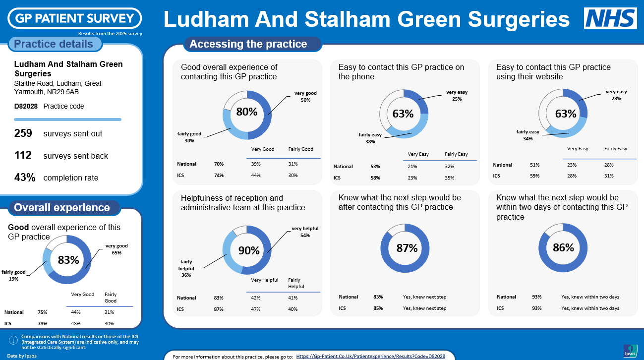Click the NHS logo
pyautogui.click(x=610, y=18)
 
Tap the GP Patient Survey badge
pyautogui.click(x=74, y=18)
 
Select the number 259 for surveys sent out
pyautogui.click(x=23, y=133)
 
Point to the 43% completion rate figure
pyautogui.click(x=25, y=178)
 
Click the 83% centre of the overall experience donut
pyautogui.click(x=68, y=260)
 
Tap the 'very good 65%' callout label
pyautogui.click(x=117, y=249)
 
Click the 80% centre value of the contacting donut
pyautogui.click(x=246, y=112)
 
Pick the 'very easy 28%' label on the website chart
pyautogui.click(x=616, y=95)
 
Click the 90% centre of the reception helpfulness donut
pyautogui.click(x=249, y=250)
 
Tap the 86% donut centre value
pyautogui.click(x=563, y=247)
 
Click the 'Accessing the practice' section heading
pyautogui.click(x=248, y=44)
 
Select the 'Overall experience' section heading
pyautogui.click(x=62, y=208)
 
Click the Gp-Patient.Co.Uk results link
pyautogui.click(x=370, y=356)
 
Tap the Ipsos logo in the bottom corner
pyautogui.click(x=630, y=350)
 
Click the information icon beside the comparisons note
pyautogui.click(x=14, y=340)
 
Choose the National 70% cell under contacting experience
pyautogui.click(x=219, y=164)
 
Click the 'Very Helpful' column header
pyautogui.click(x=265, y=280)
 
